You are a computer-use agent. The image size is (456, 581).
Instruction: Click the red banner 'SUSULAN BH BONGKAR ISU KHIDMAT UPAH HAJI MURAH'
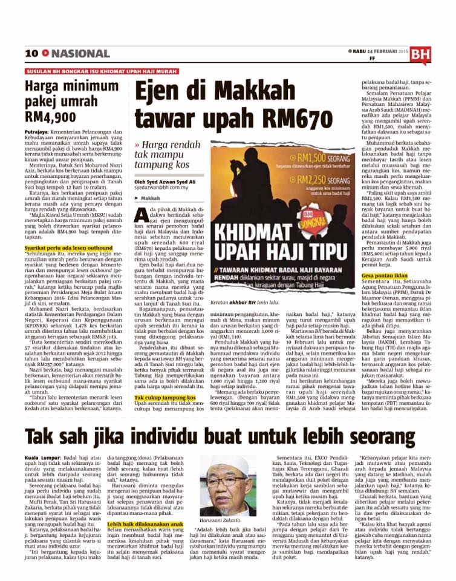click(x=98, y=70)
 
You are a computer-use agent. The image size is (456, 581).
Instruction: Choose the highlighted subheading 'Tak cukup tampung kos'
click(x=161, y=398)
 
